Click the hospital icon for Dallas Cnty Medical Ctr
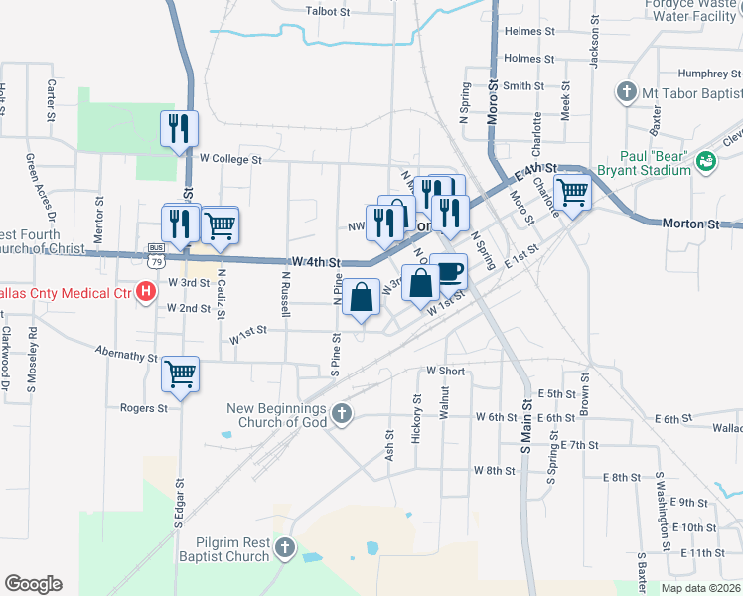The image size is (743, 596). tap(146, 292)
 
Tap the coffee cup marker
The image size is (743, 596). tap(449, 271)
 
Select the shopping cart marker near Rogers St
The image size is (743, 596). tap(180, 374)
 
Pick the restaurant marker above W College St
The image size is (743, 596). tap(180, 129)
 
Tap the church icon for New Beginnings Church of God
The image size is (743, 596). tap(341, 414)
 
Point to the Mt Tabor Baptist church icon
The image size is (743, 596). tap(626, 93)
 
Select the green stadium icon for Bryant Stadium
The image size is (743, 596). tap(706, 160)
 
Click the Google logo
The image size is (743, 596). tap(33, 584)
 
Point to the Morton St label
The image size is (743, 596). tap(690, 225)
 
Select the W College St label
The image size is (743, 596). tap(229, 158)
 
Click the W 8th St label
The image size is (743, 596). tap(492, 470)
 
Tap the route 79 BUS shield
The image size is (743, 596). tap(156, 258)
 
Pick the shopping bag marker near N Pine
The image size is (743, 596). tap(362, 298)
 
